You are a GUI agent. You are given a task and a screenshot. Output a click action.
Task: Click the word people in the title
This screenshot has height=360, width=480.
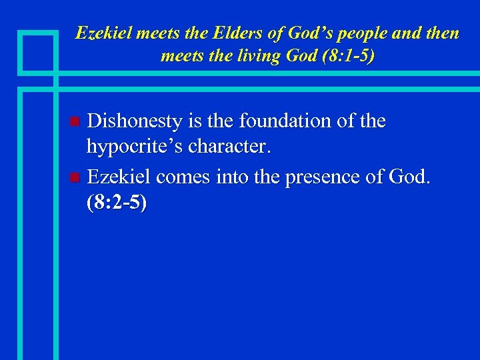(365, 33)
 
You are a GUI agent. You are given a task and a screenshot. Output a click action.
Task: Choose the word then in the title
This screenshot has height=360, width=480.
(441, 33)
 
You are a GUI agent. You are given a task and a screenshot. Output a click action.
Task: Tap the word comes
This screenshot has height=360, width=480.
(181, 177)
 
